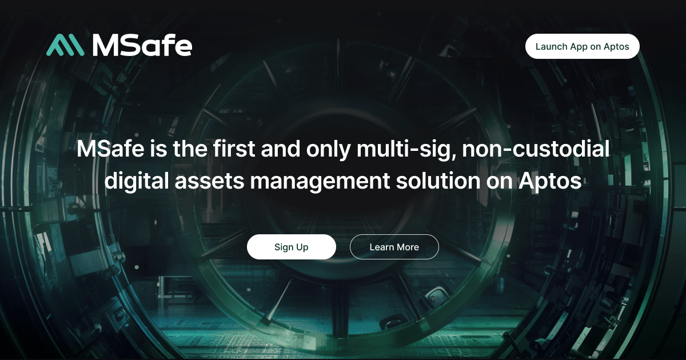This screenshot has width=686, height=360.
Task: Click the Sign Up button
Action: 291,247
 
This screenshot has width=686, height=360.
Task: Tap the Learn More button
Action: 394,247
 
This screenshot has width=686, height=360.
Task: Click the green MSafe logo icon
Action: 65,45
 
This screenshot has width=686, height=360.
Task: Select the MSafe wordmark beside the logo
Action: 142,45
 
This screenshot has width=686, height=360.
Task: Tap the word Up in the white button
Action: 302,247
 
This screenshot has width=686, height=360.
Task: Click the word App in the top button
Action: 579,47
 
